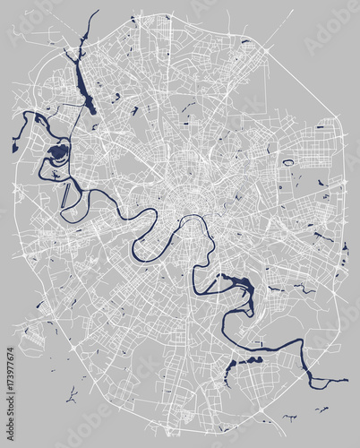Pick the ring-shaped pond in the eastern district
coord(288,163)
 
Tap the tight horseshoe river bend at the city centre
coord(192,224)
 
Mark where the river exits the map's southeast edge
coord(344,380)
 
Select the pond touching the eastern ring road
coord(345,246)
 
